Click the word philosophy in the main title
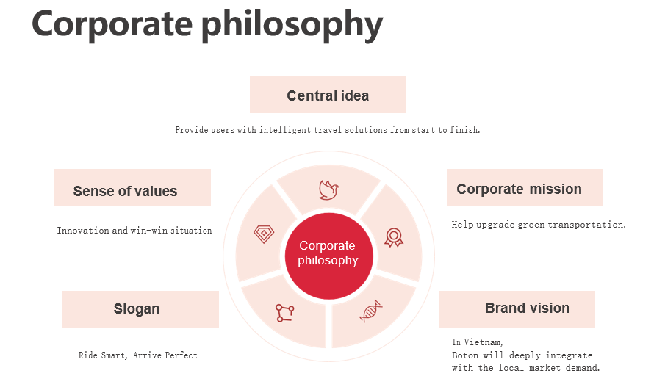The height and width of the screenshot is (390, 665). (x=292, y=25)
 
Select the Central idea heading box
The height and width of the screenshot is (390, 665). (x=328, y=95)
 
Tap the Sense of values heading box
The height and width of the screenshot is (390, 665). (x=132, y=187)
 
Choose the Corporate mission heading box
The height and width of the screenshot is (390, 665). (x=525, y=187)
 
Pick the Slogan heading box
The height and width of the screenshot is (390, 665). (x=140, y=309)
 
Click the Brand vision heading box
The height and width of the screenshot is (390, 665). (x=517, y=309)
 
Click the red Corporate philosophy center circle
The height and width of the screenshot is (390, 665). (x=328, y=256)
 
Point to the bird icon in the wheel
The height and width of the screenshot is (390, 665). (x=328, y=189)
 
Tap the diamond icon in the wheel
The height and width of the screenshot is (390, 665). (x=264, y=234)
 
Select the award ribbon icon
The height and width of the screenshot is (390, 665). (x=394, y=237)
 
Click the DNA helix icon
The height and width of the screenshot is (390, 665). (x=370, y=311)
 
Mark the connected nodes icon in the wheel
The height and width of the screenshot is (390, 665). (x=285, y=313)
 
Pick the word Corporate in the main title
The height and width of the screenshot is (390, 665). (x=112, y=24)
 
